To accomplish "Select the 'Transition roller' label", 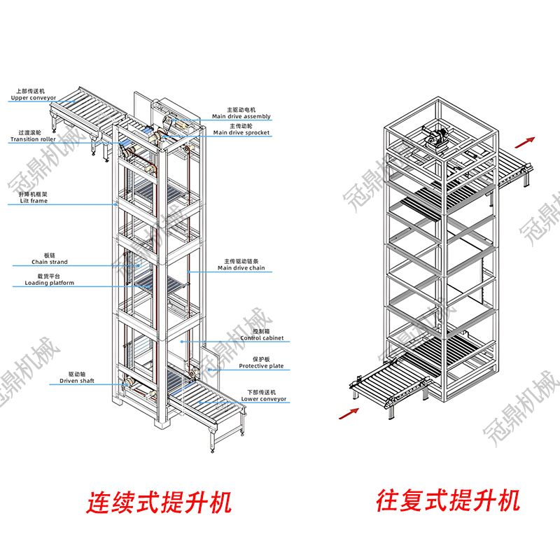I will tap(32, 139).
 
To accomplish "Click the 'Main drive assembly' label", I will tap(241, 116).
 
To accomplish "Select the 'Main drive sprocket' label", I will tap(241, 132).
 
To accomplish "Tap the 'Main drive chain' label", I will tap(241, 267).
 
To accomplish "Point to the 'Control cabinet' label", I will tap(261, 337).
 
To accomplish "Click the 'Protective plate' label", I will tap(261, 365).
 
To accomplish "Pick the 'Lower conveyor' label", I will tap(263, 398).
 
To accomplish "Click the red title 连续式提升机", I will tap(159, 502).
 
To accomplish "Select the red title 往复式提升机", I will tap(448, 500).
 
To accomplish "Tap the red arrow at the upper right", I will tap(525, 141).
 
